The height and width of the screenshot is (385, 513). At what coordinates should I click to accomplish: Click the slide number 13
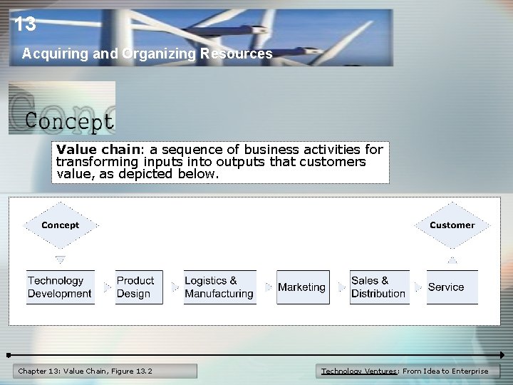(x=24, y=25)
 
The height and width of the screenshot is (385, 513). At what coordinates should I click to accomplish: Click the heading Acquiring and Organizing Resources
(x=147, y=53)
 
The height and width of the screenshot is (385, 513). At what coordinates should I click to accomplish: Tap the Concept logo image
(x=62, y=108)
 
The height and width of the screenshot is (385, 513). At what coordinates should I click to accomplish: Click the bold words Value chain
(x=90, y=150)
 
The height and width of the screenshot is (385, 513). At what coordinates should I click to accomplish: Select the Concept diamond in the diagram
(x=61, y=225)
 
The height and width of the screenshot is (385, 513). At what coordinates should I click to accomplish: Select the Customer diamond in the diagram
(x=452, y=225)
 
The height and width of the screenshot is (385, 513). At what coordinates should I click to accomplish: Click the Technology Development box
(x=60, y=287)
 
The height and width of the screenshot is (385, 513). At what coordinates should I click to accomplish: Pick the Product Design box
(x=135, y=287)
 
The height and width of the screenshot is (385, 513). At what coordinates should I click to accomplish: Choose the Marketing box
(x=302, y=287)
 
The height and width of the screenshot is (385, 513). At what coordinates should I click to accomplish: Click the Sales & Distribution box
(x=379, y=287)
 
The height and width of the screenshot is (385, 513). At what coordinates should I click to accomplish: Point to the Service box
(x=452, y=287)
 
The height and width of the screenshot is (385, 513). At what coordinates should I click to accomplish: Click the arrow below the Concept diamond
(x=61, y=260)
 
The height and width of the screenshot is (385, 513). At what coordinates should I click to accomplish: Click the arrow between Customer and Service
(x=452, y=260)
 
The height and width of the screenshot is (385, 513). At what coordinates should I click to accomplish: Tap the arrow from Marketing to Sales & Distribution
(x=341, y=287)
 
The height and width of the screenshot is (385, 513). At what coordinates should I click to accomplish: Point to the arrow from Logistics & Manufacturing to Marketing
(x=268, y=287)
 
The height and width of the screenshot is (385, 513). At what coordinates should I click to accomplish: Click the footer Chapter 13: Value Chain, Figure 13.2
(x=85, y=371)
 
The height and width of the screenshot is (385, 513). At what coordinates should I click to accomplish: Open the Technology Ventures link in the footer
(x=360, y=371)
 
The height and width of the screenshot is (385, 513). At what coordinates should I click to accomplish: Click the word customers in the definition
(x=336, y=162)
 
